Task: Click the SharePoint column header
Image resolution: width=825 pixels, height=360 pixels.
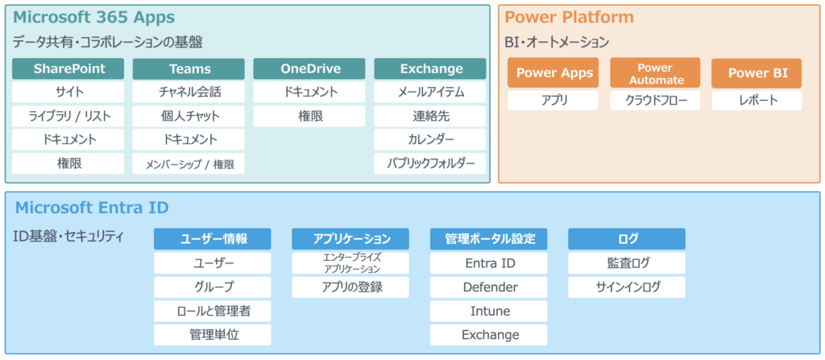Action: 68,69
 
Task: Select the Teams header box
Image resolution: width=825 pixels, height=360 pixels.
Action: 189,69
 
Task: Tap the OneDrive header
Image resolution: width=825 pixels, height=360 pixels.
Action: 309,69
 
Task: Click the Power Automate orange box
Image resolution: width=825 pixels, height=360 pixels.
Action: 655,72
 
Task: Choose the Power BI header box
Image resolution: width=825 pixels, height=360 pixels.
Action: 757,72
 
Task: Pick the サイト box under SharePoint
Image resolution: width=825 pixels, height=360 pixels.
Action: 68,92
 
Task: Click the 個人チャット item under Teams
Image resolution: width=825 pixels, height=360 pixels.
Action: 189,116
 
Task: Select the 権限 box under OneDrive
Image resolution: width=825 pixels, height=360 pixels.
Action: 309,116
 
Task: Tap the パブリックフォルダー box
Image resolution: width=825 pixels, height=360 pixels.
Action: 430,163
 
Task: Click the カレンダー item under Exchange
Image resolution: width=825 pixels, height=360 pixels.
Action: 430,140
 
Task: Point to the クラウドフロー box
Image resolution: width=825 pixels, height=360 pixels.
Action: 655,101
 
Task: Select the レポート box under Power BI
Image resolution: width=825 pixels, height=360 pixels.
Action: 757,101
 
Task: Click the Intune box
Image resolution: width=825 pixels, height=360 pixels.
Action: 489,311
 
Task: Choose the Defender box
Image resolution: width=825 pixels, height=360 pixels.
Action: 489,288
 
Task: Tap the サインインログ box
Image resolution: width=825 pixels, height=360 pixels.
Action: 627,288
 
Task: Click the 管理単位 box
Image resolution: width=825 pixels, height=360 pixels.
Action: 213,335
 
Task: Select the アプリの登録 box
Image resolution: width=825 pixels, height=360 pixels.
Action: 350,288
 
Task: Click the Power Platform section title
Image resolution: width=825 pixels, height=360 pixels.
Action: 570,18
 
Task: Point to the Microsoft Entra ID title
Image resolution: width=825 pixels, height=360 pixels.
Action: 92,208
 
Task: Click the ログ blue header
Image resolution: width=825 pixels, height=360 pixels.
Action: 627,239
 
